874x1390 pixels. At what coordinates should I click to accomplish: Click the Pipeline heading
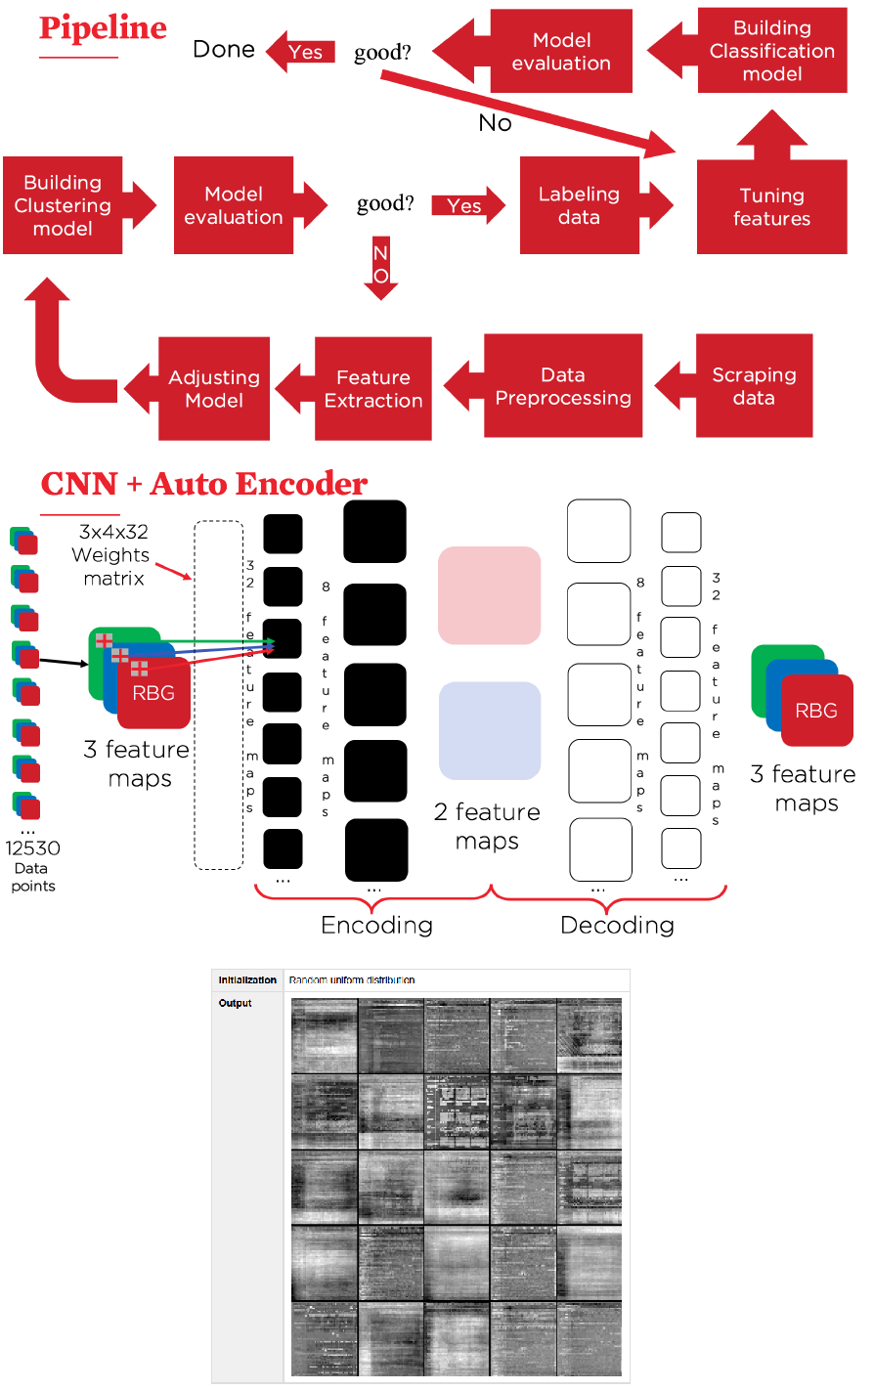[x=103, y=28]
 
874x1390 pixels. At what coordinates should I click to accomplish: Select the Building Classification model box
[x=772, y=51]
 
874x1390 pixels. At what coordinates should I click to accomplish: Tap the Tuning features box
[x=771, y=207]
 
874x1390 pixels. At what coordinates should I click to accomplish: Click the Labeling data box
[x=579, y=206]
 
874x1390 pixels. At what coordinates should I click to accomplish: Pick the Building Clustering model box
[x=63, y=205]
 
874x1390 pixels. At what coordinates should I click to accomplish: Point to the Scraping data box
[x=754, y=386]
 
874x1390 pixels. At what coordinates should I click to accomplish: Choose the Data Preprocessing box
[x=563, y=386]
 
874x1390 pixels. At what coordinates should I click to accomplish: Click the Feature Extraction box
[x=373, y=389]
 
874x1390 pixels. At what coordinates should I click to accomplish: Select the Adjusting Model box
[x=214, y=389]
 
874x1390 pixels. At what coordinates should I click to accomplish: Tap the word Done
[x=224, y=50]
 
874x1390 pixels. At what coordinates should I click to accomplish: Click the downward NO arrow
[x=380, y=267]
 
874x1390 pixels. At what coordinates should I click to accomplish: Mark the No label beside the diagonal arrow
[x=495, y=123]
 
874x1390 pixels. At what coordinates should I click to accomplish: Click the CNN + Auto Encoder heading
[x=204, y=484]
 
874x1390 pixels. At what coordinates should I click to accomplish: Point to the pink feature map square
[x=489, y=595]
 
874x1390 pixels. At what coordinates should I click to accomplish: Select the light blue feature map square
[x=490, y=730]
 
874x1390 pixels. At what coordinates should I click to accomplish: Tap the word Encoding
[x=376, y=925]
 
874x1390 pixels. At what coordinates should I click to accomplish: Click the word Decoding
[x=617, y=925]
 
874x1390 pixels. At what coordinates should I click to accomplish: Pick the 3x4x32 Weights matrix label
[x=113, y=555]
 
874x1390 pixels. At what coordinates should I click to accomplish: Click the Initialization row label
[x=247, y=979]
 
